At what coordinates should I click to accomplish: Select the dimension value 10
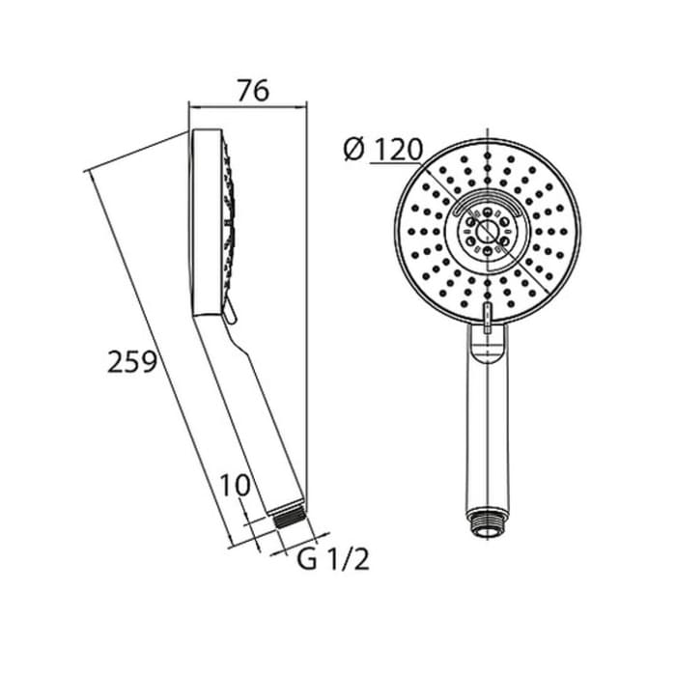[235, 485]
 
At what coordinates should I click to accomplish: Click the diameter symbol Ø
[353, 150]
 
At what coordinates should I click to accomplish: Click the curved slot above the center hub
[488, 199]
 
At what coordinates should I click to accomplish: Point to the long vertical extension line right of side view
[307, 309]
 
